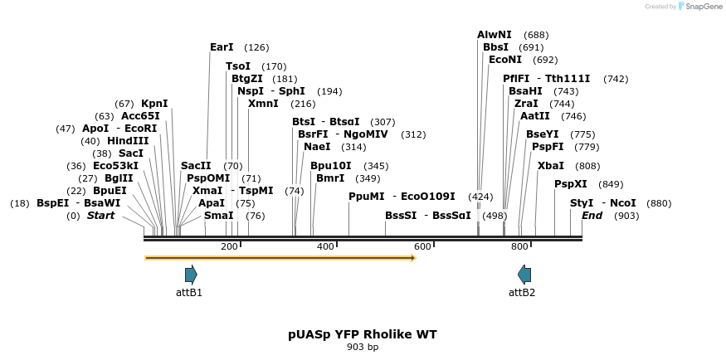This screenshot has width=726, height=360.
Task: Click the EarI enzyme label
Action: click(x=222, y=47)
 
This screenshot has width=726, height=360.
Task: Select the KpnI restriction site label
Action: click(x=154, y=104)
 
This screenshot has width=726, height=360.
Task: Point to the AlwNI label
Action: click(x=495, y=35)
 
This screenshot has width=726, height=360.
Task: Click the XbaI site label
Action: click(x=550, y=166)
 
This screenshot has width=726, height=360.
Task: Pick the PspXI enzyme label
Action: click(x=571, y=184)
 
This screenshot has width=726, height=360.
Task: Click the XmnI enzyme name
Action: click(x=264, y=104)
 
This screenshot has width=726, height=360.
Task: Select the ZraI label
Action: click(x=526, y=104)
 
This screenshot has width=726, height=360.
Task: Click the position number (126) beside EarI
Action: click(x=257, y=47)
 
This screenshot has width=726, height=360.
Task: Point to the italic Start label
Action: click(x=100, y=216)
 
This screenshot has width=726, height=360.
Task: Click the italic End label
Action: click(x=592, y=216)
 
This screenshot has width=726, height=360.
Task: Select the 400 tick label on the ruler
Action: click(x=325, y=246)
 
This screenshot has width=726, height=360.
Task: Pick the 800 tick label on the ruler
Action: click(x=520, y=246)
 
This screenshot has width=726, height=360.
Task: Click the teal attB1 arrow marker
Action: click(x=191, y=275)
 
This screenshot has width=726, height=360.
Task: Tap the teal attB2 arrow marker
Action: click(x=524, y=275)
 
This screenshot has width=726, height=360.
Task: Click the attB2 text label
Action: click(x=522, y=293)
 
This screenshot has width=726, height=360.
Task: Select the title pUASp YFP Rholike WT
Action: click(x=363, y=334)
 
